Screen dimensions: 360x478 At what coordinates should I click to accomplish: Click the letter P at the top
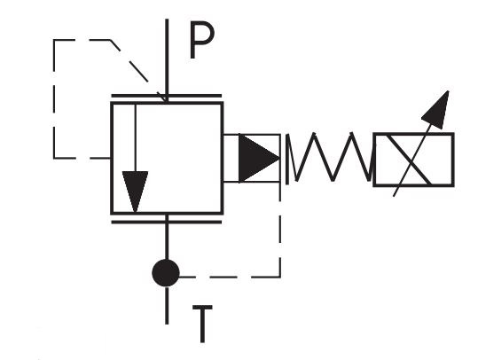(201, 42)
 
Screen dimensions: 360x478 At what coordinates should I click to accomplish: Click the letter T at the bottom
(203, 325)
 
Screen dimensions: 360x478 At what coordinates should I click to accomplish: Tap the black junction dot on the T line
(166, 273)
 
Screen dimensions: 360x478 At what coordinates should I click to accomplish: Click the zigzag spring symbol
(327, 158)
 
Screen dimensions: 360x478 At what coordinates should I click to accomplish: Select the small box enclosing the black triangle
(253, 158)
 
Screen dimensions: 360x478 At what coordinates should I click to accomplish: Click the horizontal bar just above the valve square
(167, 96)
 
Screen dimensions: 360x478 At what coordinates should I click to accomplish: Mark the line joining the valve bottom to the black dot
(167, 241)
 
